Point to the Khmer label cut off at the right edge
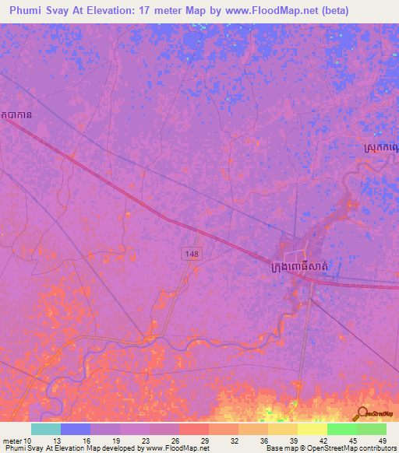[x=381, y=145]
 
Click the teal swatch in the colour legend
[x=45, y=429]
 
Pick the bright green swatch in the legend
[x=341, y=429]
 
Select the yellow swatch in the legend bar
[x=312, y=429]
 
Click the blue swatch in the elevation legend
[x=75, y=429]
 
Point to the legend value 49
[x=381, y=440]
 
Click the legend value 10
[x=29, y=440]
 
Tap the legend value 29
[x=203, y=440]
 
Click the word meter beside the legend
[x=12, y=440]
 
